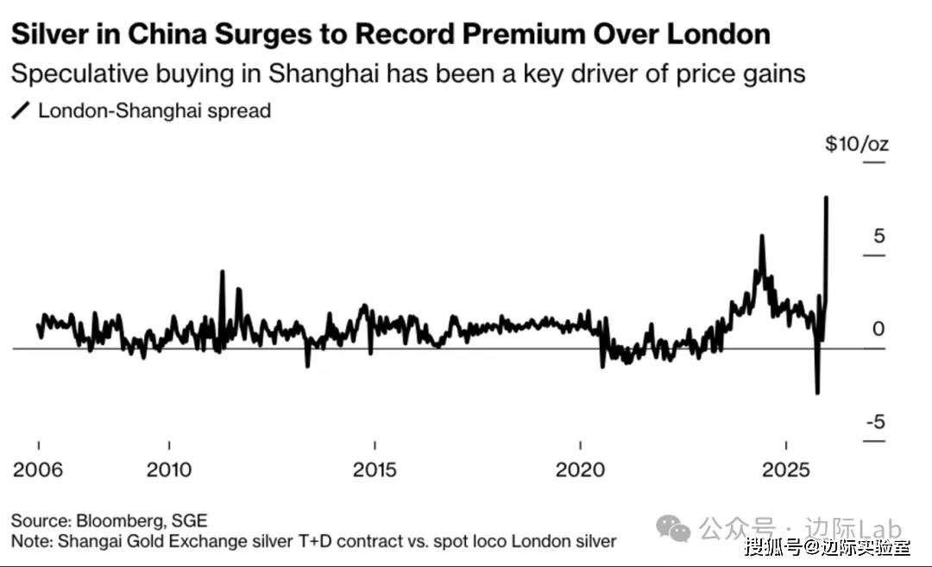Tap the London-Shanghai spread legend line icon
(21, 111)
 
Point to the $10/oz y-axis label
(856, 143)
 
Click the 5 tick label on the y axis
(878, 236)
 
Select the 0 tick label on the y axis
(878, 329)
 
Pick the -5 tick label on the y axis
(874, 422)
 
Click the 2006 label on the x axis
(38, 469)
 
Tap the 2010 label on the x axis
(169, 469)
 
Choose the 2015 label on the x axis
(375, 469)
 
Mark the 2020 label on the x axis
(580, 469)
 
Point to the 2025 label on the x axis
(785, 469)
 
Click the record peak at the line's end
(827, 198)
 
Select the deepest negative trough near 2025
(817, 393)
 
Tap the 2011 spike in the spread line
(222, 272)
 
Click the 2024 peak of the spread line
(761, 236)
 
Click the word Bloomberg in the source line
(116, 521)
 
